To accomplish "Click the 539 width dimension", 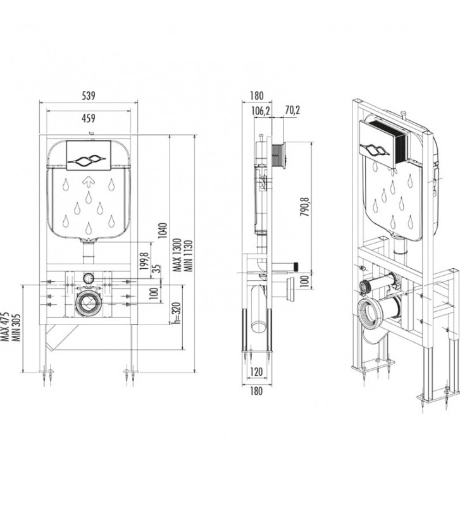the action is [89, 96].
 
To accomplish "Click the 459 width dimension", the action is [89, 118].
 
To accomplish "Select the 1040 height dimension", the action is [163, 230].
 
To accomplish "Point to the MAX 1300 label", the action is [177, 256].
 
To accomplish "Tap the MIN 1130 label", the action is [188, 256].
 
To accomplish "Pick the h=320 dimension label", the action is [177, 312].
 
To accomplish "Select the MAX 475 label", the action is [5, 326].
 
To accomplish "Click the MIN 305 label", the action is [16, 327].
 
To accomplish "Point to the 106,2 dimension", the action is [261, 111].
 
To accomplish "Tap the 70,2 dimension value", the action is [292, 110].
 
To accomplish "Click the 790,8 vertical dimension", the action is [305, 207].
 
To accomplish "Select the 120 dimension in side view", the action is [256, 372].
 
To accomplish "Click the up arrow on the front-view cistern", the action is [89, 182].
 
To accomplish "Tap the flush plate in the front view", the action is [89, 156].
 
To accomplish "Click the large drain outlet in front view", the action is [88, 303].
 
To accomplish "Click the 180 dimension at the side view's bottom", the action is [256, 391].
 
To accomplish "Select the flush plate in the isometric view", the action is [383, 144].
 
